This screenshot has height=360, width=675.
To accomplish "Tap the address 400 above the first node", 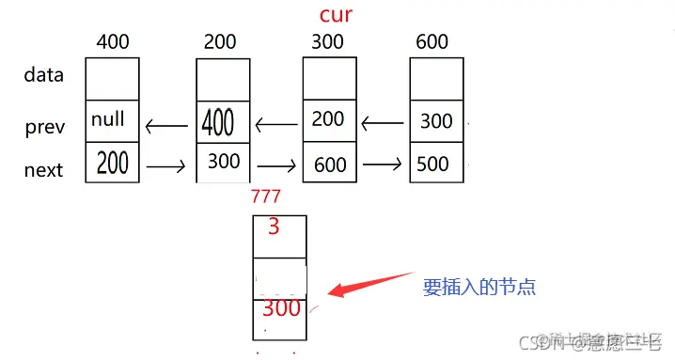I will tap(113, 42).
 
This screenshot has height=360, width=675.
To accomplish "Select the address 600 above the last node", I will tap(432, 42).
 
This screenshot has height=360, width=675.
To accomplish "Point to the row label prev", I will tap(44, 128).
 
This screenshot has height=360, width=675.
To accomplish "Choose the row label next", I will tap(43, 170).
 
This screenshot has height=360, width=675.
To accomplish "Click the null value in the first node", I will tap(108, 120).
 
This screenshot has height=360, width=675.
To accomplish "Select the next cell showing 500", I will tap(433, 164).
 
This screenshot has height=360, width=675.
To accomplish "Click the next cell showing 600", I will tap(330, 164).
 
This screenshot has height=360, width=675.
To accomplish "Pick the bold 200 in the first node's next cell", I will tap(113, 164).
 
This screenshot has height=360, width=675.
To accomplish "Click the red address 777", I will tap(266, 196).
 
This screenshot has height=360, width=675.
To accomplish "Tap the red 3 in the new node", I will tap(274, 227).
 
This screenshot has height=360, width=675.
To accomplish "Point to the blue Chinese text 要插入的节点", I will tap(479, 287).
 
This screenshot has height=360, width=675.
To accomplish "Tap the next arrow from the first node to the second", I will tap(166, 167).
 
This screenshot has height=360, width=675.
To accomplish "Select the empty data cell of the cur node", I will tap(330, 79).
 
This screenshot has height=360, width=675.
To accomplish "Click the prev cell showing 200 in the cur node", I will tap(328, 118).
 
